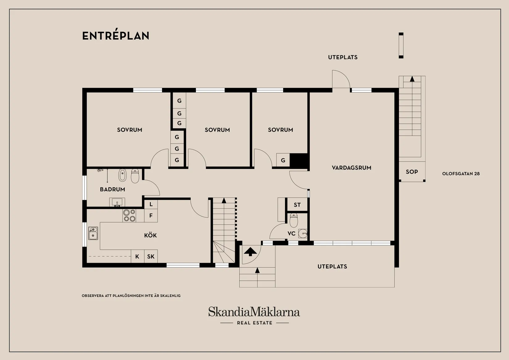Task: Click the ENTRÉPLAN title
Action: [116, 36]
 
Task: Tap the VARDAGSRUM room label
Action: [351, 168]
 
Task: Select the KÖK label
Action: [151, 236]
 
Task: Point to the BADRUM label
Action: [112, 189]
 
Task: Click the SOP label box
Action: [412, 172]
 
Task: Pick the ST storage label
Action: [297, 205]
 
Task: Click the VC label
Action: [292, 234]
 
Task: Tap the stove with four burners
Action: [129, 216]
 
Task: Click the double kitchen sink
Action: [93, 233]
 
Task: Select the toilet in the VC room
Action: [294, 220]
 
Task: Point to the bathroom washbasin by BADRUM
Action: [117, 202]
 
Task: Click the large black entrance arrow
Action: [250, 252]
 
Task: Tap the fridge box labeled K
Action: [137, 257]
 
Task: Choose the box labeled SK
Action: [151, 257]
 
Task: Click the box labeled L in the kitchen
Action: [151, 204]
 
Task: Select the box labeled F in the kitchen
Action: [151, 216]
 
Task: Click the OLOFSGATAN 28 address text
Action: [461, 174]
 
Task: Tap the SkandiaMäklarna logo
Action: [254, 312]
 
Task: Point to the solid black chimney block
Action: [299, 161]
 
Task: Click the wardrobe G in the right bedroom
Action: [283, 161]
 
